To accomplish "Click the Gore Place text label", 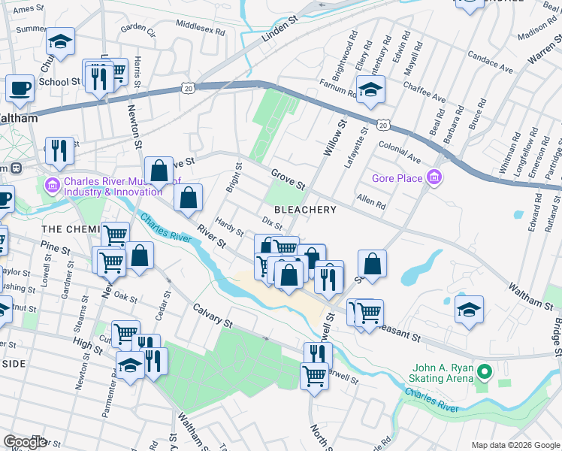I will coord(397,179).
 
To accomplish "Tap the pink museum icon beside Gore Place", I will coord(433,178).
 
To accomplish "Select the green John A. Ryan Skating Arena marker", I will coord(485,371).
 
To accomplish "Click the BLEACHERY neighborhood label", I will coord(304,210).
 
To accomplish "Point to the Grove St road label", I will coord(289,179).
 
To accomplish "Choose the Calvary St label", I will coord(212,315).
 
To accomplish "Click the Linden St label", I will coord(280,28).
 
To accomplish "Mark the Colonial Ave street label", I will coord(400,152).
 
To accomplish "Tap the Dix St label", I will coord(272,223).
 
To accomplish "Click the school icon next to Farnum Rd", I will coord(370,90).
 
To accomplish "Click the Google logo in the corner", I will coord(25,442).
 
